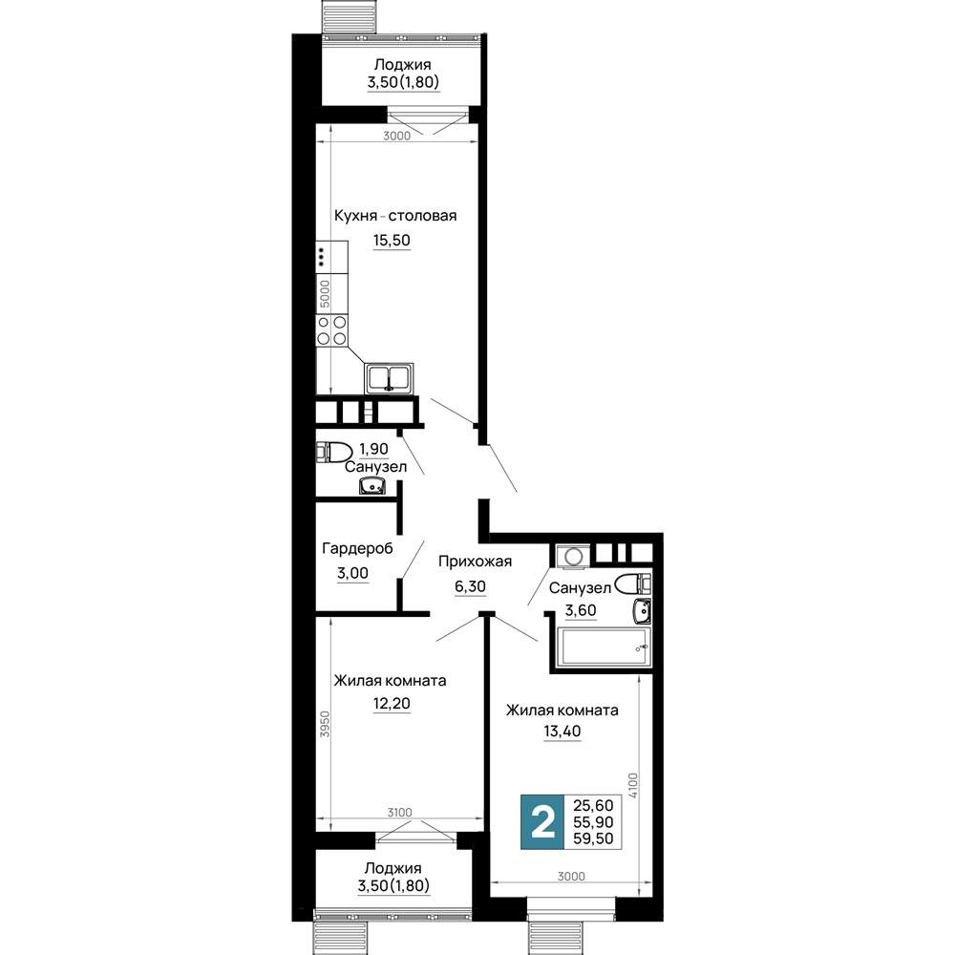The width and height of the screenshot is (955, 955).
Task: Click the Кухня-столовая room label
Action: tap(395, 216)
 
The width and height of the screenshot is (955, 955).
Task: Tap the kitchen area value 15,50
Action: tap(392, 240)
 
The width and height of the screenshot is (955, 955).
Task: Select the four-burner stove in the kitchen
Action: tap(332, 330)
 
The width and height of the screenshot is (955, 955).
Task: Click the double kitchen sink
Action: tap(390, 378)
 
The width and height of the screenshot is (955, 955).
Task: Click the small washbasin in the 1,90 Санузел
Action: tap(372, 486)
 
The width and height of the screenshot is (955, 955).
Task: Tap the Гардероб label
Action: tap(357, 548)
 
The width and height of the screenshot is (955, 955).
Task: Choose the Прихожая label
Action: tap(475, 561)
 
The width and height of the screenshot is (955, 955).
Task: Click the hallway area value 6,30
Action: tap(470, 586)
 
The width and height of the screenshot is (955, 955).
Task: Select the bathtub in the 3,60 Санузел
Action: tap(605, 647)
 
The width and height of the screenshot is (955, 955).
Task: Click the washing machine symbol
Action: tap(573, 557)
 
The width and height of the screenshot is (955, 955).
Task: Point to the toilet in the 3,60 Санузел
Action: tap(633, 584)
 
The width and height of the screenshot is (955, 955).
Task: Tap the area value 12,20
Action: tap(392, 704)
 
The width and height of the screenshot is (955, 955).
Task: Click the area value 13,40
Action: tap(562, 731)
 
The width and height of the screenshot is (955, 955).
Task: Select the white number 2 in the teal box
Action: tap(543, 822)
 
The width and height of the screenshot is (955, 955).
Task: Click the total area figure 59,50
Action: tap(593, 838)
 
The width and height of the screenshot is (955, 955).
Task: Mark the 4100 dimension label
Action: tap(633, 786)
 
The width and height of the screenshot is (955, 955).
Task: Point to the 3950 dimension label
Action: tap(326, 724)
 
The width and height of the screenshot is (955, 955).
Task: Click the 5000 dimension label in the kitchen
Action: tap(326, 293)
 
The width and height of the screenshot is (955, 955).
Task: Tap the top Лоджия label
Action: tap(403, 64)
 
